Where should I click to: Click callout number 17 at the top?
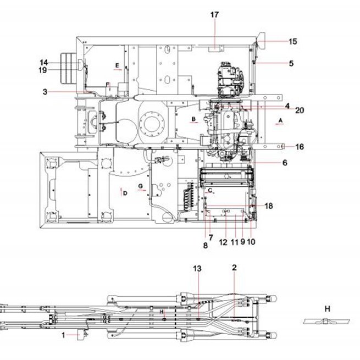214,15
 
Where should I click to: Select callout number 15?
293,42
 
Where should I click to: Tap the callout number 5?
291,63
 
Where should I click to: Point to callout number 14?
43,63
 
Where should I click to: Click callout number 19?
43,70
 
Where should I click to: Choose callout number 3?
45,92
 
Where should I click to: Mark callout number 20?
300,110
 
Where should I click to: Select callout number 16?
300,147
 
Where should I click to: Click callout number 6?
285,163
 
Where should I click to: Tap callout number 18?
269,206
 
